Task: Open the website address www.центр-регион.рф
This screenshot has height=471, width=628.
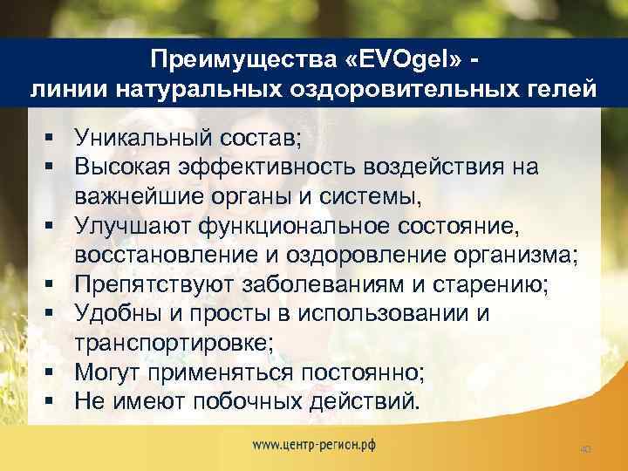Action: pos(314,443)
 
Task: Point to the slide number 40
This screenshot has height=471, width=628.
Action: pos(585,449)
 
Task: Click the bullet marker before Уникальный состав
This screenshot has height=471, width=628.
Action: pos(55,136)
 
